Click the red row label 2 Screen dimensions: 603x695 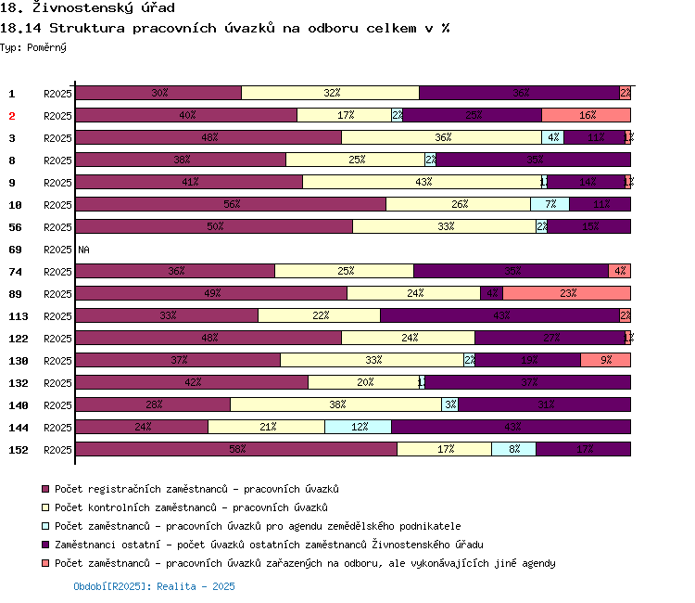point(13,116)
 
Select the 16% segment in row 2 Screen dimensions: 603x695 point(586,115)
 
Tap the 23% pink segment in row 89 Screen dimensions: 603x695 point(566,293)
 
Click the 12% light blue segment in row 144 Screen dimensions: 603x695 point(358,427)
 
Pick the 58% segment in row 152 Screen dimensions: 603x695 point(236,449)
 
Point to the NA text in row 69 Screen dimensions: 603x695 point(84,250)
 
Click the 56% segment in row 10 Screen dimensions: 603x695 point(231,204)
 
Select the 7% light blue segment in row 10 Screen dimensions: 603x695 point(550,204)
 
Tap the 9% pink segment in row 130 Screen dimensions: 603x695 point(605,360)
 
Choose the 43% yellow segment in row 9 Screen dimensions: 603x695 point(423,182)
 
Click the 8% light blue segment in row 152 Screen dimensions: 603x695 point(513,449)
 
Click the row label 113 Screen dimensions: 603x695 point(19,316)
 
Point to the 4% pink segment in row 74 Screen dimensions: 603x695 point(619,271)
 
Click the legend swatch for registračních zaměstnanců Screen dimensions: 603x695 point(44,489)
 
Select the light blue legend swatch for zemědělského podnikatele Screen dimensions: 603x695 point(44,526)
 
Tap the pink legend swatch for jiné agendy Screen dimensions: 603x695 point(44,563)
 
